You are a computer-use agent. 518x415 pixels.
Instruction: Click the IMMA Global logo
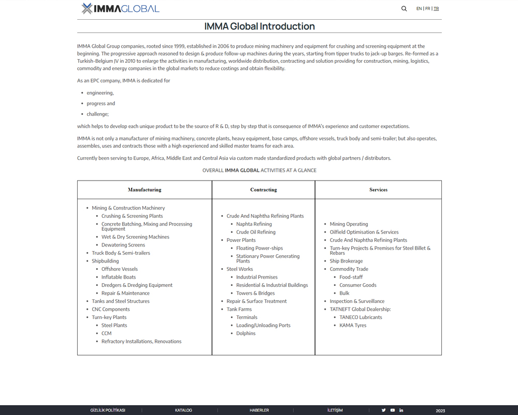tap(120, 8)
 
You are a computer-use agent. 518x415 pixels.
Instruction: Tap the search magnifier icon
tap(404, 8)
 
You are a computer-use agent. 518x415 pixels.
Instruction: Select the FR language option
tap(427, 8)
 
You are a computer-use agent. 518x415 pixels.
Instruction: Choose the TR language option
tap(436, 8)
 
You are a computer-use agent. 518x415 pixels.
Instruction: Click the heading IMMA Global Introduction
tap(259, 26)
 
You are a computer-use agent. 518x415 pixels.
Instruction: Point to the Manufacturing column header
tap(145, 190)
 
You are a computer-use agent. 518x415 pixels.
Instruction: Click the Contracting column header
tap(263, 190)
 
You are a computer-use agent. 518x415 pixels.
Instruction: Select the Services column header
tap(378, 190)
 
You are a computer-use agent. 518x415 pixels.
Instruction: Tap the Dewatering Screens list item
tap(123, 245)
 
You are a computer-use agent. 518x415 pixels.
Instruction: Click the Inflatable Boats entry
tap(118, 277)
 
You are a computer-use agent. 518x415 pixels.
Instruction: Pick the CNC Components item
tap(110, 309)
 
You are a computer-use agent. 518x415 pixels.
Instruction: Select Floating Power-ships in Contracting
tap(260, 248)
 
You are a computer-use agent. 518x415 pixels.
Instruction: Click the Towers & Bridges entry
tap(255, 293)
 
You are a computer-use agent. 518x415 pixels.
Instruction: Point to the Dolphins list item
tap(246, 333)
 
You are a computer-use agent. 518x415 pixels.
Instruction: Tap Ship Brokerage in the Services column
tap(346, 261)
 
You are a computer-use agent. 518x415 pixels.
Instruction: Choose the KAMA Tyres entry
tap(353, 325)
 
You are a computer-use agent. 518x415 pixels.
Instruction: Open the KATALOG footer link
tap(183, 410)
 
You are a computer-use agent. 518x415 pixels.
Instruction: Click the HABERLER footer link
tap(259, 410)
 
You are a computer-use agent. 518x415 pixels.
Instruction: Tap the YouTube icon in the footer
tap(392, 410)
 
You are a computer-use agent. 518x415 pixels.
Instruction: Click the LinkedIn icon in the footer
tap(401, 410)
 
